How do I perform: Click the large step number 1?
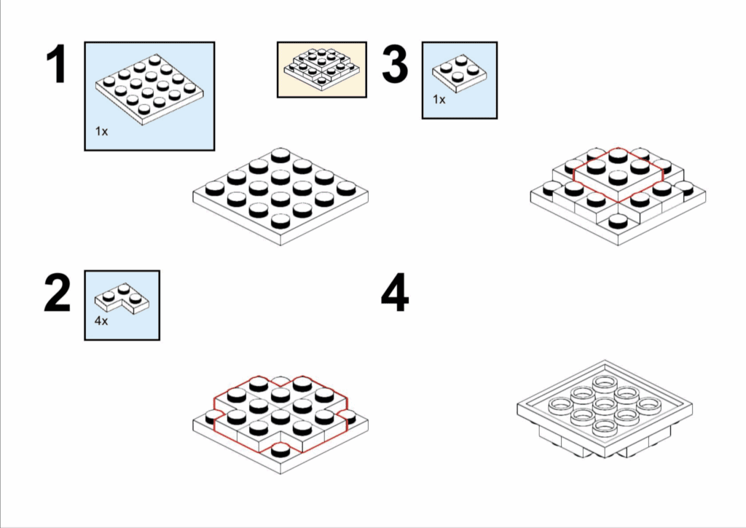pyautogui.click(x=58, y=64)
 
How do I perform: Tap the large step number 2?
pyautogui.click(x=57, y=293)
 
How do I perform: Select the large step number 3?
pyautogui.click(x=395, y=64)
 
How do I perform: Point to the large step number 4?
pyautogui.click(x=395, y=293)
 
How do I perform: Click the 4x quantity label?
pyautogui.click(x=101, y=320)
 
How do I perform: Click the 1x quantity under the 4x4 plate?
pyautogui.click(x=101, y=131)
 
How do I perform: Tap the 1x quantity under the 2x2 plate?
pyautogui.click(x=439, y=100)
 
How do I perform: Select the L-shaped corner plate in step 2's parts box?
pyautogui.click(x=122, y=299)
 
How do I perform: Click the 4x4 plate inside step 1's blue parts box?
pyautogui.click(x=149, y=90)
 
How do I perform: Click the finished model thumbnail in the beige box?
pyautogui.click(x=321, y=69)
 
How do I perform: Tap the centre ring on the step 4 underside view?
pyautogui.click(x=605, y=405)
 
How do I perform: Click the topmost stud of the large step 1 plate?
pyautogui.click(x=280, y=156)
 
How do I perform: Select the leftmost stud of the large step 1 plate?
pyautogui.click(x=215, y=189)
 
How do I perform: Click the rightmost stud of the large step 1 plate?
pyautogui.click(x=347, y=189)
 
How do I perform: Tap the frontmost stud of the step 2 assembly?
pyautogui.click(x=280, y=450)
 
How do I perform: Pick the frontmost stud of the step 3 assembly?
pyautogui.click(x=618, y=221)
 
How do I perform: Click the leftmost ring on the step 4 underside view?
pyautogui.click(x=560, y=405)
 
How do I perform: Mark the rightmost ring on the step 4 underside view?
pyautogui.click(x=649, y=405)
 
